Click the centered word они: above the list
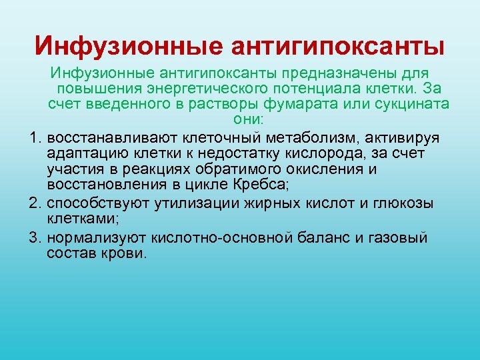pos(247,121)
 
